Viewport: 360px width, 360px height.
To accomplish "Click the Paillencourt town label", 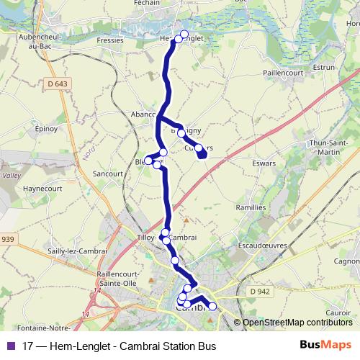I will click(x=285, y=73).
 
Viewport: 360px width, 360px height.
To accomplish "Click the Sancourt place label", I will click(x=109, y=174).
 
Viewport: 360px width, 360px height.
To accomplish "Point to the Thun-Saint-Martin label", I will click(x=329, y=147).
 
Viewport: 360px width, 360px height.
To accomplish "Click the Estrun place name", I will click(x=325, y=66).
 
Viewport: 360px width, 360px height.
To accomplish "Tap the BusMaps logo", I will click(x=325, y=345).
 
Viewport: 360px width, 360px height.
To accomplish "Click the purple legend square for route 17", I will click(x=10, y=345).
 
